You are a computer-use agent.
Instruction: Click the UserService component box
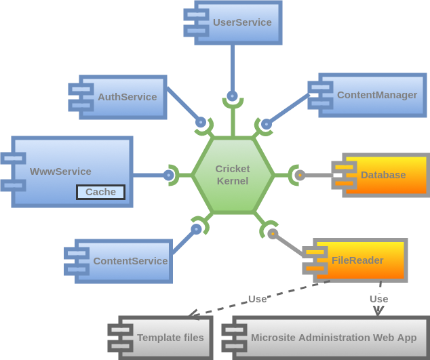(237, 22)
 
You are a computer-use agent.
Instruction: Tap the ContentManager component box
(372, 95)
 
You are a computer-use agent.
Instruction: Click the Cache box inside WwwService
(100, 192)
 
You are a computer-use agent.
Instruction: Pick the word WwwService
(60, 172)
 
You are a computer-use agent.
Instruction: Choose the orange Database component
(384, 175)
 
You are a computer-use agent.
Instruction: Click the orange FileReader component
(359, 260)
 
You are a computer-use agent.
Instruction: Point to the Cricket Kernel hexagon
(233, 175)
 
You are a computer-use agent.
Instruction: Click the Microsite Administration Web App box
(330, 337)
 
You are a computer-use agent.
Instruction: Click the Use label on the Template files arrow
(258, 299)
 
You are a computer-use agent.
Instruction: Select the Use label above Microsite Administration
(378, 299)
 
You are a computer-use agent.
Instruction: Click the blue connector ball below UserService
(233, 96)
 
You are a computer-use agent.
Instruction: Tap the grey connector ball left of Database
(300, 175)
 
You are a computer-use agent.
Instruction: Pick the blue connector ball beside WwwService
(169, 175)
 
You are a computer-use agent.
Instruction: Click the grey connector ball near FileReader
(273, 234)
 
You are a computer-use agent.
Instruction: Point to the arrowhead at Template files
(193, 315)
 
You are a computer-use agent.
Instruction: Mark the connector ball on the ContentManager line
(266, 124)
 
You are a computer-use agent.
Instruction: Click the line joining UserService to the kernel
(233, 68)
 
